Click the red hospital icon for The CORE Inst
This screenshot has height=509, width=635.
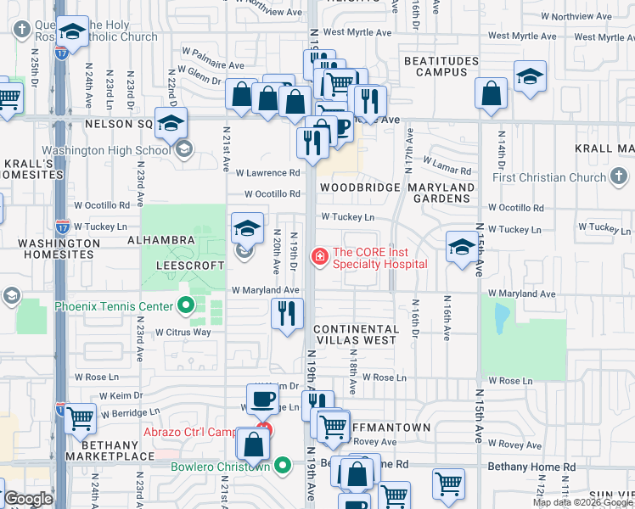(320, 255)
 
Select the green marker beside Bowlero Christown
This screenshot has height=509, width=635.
(283, 466)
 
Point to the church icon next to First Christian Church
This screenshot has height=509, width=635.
(621, 176)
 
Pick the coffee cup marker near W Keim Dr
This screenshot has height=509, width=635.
(262, 397)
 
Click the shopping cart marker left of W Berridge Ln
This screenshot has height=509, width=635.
(80, 417)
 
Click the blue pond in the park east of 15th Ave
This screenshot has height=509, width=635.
(500, 317)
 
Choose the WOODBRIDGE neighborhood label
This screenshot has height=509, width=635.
(354, 187)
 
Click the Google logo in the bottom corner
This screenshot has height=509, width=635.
(28, 499)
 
